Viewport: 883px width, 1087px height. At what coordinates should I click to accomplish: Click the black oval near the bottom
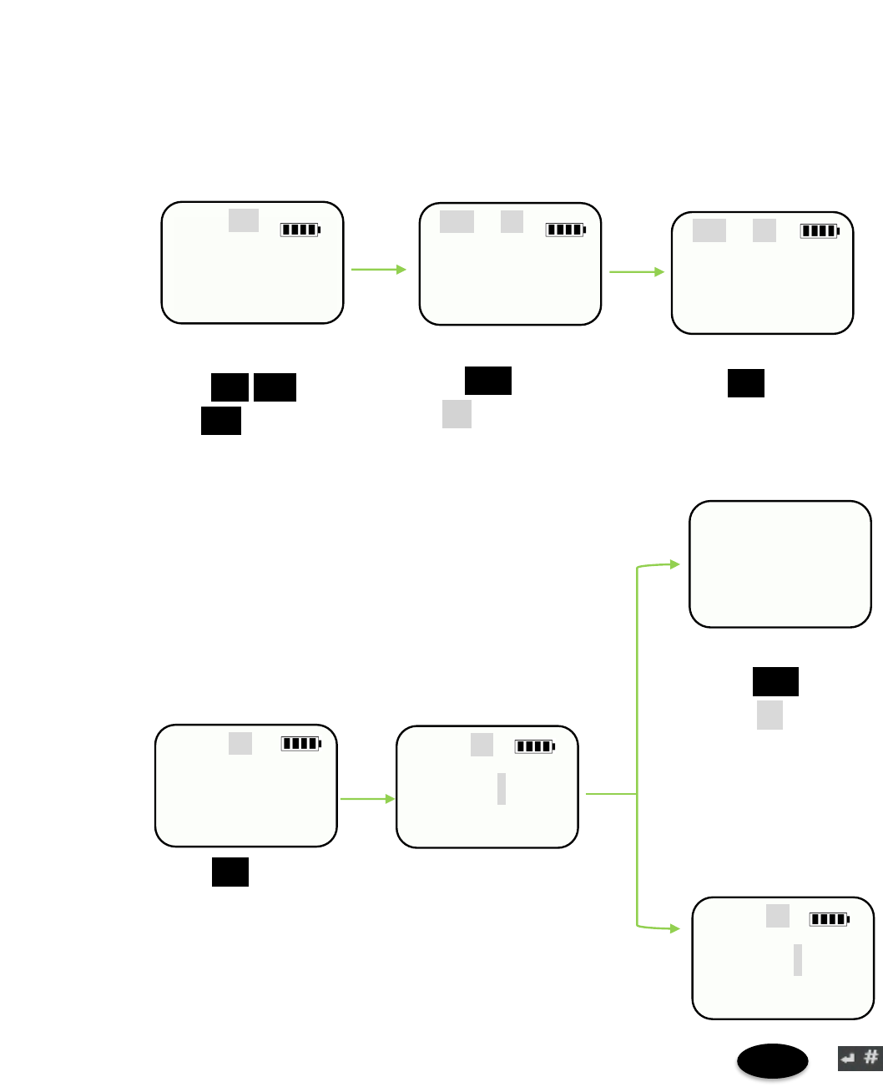tap(772, 1061)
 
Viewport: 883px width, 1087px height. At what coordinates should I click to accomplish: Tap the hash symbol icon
tap(871, 1058)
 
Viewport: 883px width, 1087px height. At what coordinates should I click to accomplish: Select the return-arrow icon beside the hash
tap(849, 1059)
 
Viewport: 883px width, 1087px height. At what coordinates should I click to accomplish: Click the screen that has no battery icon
tap(780, 564)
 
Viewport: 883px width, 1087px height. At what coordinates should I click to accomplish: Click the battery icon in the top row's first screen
tap(300, 230)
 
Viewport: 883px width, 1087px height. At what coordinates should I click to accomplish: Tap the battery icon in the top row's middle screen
tap(566, 230)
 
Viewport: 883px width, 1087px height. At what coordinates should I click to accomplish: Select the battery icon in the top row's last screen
tap(820, 231)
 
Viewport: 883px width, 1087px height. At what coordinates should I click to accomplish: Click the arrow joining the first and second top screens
tap(378, 270)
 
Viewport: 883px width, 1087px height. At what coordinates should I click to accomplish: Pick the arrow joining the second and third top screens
tap(637, 271)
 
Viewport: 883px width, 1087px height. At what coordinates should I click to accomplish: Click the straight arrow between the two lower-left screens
tap(367, 799)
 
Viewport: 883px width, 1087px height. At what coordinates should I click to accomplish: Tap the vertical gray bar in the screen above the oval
tap(798, 960)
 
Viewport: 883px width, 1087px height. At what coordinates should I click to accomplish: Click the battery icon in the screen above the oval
tap(830, 919)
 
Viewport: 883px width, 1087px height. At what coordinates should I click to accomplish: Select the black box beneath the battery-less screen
tap(775, 681)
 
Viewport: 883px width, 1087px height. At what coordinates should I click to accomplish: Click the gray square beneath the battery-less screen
tap(769, 715)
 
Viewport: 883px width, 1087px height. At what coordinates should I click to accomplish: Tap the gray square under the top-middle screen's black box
tap(457, 414)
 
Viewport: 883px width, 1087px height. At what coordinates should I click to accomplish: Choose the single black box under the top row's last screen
tap(745, 383)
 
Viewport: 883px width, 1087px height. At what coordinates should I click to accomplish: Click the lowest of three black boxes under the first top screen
tap(221, 421)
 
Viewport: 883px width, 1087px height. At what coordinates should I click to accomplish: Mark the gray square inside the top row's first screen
tap(244, 220)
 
